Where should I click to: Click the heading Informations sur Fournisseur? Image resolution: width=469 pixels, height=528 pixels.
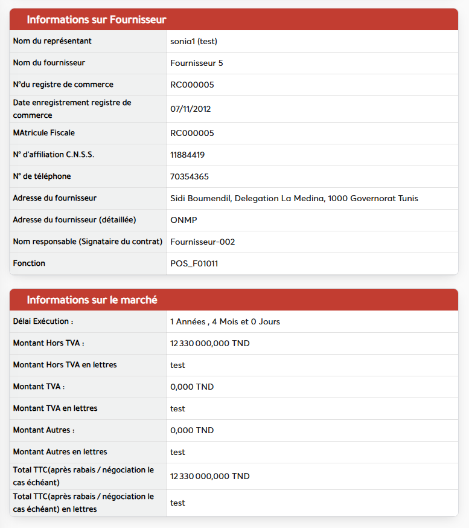tap(97, 20)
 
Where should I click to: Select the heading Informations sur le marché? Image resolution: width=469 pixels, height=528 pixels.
tap(92, 300)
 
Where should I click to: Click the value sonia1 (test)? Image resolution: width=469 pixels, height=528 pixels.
tap(194, 41)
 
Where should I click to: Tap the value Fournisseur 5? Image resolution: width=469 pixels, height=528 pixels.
tap(197, 63)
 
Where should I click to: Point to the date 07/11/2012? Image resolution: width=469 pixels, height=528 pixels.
tap(191, 109)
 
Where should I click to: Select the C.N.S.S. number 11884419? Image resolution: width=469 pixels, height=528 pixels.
tap(188, 155)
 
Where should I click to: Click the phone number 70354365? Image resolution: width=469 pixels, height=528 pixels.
tap(190, 176)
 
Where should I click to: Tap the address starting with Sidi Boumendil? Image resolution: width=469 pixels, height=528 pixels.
tap(294, 198)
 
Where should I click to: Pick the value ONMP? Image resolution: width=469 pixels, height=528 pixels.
tap(184, 220)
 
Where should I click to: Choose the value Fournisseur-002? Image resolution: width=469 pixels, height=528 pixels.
tap(203, 242)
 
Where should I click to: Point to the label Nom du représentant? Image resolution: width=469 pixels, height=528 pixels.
tap(53, 41)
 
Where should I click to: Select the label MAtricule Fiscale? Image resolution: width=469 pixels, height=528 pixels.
tap(44, 133)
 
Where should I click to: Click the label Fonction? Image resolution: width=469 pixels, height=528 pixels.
tap(29, 263)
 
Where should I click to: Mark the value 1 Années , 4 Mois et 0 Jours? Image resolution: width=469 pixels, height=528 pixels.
tap(225, 321)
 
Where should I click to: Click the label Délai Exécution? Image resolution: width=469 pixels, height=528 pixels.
tap(43, 321)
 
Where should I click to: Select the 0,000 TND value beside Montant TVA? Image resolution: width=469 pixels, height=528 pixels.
tap(192, 387)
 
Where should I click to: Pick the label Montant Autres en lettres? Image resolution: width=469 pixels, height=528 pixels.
tap(60, 452)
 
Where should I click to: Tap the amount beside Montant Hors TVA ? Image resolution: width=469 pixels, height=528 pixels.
tap(210, 343)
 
